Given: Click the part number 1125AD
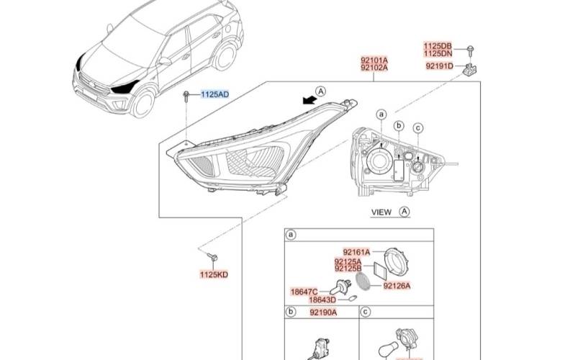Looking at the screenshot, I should point(215,94).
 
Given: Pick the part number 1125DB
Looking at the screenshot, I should point(439,45).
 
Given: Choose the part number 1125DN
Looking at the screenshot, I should point(439,53).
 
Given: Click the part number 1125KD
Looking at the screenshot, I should point(213,274).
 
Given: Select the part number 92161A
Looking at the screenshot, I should point(356,252).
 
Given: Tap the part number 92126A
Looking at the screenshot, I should point(397,285).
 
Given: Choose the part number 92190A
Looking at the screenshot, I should point(323,313).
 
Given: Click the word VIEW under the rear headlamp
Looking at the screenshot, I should point(381,212).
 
